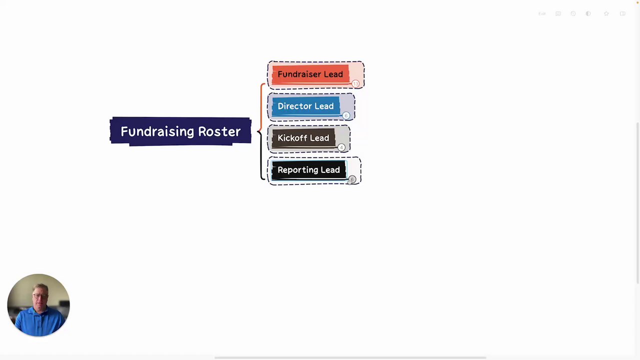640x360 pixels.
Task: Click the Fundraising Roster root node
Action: click(x=180, y=131)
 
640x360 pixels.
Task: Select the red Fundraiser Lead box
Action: click(x=310, y=74)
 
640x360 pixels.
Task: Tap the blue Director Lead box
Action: click(x=305, y=106)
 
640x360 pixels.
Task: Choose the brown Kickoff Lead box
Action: click(x=303, y=138)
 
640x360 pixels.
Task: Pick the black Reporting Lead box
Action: click(x=308, y=170)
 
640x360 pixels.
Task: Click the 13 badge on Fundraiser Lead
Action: click(x=355, y=83)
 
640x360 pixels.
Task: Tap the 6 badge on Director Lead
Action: click(x=346, y=115)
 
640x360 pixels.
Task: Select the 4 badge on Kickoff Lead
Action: click(x=341, y=147)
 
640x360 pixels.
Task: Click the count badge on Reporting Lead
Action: click(x=352, y=179)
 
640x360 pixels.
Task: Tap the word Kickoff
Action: click(x=292, y=138)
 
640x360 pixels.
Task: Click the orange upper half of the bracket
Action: click(x=261, y=105)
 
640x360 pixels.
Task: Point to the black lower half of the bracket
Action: click(x=261, y=157)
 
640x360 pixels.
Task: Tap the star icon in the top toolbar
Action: click(x=606, y=13)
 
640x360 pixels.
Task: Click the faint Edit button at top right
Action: click(x=542, y=13)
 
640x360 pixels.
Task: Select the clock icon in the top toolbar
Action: click(x=573, y=13)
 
